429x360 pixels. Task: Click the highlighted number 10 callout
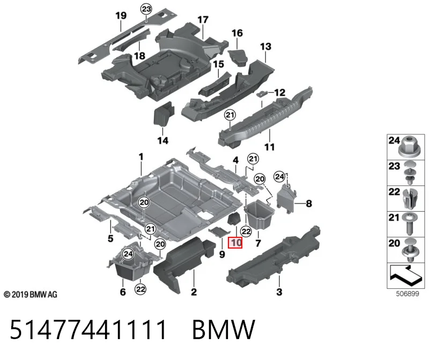click(235, 243)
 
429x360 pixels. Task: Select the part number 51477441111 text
click(88, 329)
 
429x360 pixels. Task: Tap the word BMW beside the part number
click(224, 329)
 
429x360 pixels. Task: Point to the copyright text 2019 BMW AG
click(31, 295)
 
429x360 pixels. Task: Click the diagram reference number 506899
click(408, 294)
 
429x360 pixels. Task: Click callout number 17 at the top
click(203, 20)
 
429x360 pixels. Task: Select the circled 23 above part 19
click(146, 9)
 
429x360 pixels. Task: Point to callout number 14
click(163, 140)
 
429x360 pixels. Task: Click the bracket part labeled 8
click(286, 199)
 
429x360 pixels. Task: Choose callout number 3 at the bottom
click(279, 291)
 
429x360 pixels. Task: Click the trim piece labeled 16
click(238, 57)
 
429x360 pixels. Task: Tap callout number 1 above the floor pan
click(141, 157)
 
